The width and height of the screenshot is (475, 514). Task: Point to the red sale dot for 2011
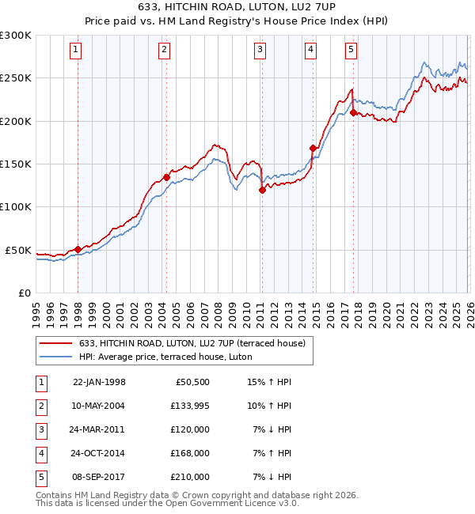(x=262, y=190)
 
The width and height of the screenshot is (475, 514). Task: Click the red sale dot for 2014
(x=313, y=148)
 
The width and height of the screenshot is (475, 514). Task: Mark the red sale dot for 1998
(x=78, y=249)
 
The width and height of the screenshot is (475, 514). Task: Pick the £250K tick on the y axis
(x=16, y=78)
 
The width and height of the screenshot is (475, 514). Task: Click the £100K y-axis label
(x=16, y=206)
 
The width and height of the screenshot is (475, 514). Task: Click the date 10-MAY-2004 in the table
(x=99, y=406)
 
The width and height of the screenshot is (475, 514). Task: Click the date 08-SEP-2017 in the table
(x=99, y=477)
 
